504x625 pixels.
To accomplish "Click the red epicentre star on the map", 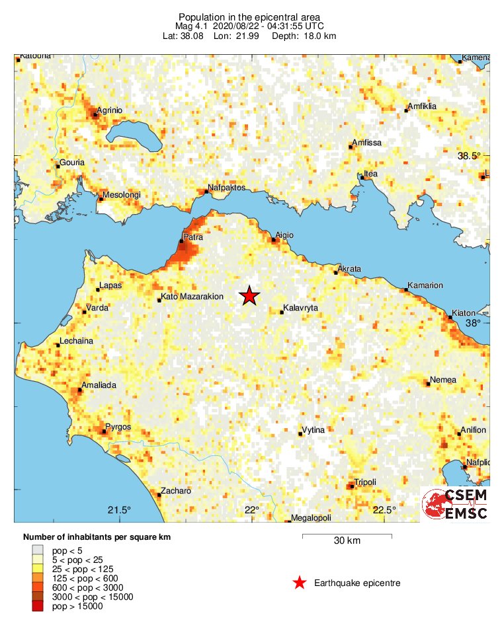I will [x=249, y=295].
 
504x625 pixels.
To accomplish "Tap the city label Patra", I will [x=193, y=236].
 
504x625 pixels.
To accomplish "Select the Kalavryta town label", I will [x=300, y=308].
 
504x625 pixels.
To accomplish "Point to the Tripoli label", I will [x=364, y=482].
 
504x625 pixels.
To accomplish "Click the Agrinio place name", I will [x=110, y=110].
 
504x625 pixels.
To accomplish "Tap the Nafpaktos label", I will [x=226, y=188].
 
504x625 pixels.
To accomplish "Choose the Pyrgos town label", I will [x=119, y=427].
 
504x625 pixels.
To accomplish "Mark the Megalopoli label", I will [x=312, y=519].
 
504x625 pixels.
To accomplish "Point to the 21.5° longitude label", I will [x=119, y=509].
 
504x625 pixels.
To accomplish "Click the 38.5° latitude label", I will [x=470, y=156].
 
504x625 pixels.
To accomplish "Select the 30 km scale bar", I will [x=347, y=535].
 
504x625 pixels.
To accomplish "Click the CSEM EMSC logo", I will [x=455, y=505].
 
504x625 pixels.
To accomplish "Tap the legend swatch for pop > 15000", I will [x=38, y=607].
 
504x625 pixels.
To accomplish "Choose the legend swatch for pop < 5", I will [x=38, y=550].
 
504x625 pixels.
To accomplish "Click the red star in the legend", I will [x=300, y=583].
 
